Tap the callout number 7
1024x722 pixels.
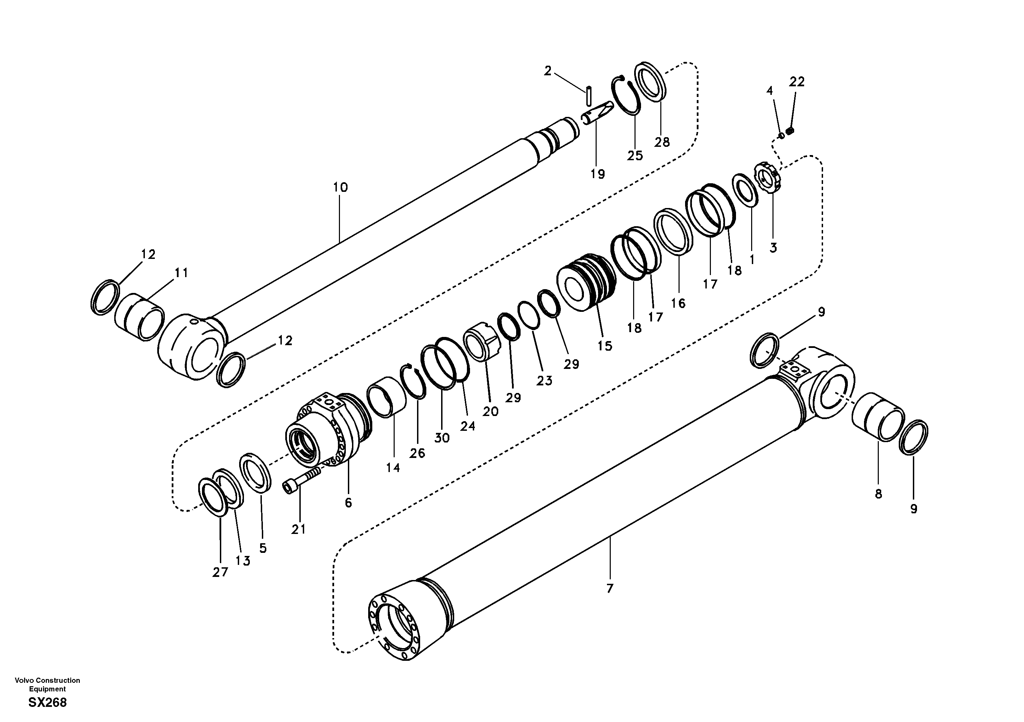[610, 588]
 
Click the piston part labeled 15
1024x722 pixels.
[586, 284]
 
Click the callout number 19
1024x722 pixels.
[598, 174]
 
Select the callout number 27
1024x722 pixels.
[220, 572]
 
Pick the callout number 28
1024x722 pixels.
[662, 142]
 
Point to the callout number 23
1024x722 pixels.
[544, 381]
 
